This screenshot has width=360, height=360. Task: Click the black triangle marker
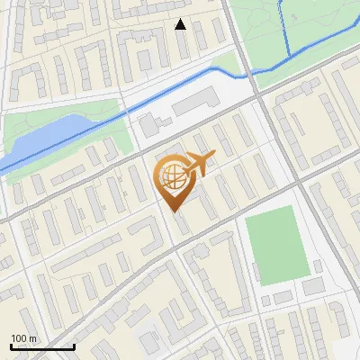181,24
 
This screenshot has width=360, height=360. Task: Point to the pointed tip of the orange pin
174,211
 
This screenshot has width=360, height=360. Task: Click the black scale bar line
42,347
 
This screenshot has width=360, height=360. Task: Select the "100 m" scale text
24,338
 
